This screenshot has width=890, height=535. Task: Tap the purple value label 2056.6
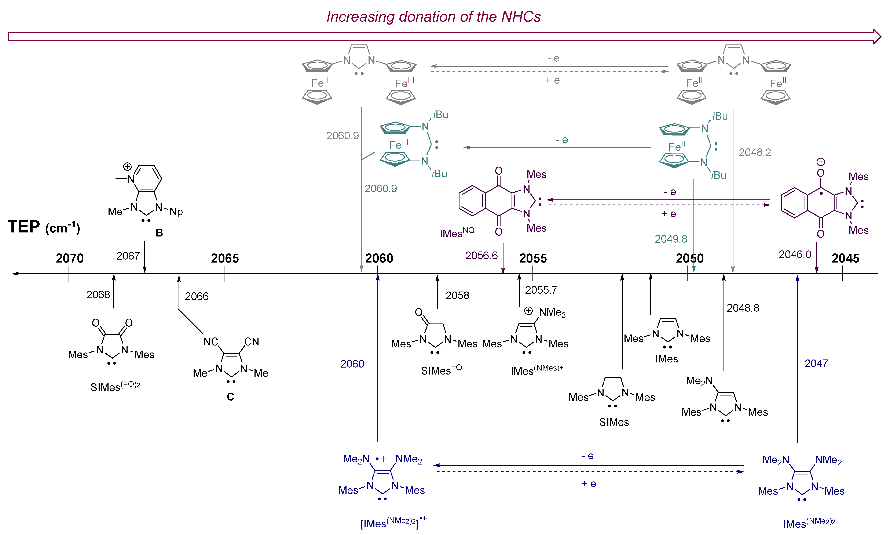tap(481, 255)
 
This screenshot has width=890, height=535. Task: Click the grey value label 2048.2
tap(755, 152)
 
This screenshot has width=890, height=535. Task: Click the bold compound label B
tap(159, 233)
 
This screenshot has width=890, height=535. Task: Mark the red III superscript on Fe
tap(411, 80)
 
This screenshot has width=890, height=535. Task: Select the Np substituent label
tap(176, 212)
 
